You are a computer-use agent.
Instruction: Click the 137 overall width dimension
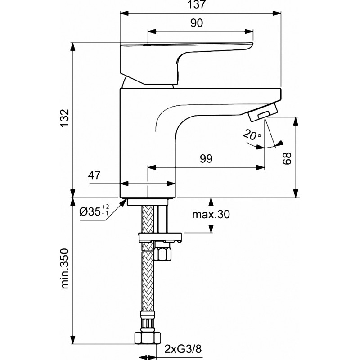coord(197,4)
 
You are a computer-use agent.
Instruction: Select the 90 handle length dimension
coord(197,23)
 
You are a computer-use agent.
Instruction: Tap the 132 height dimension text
coord(64,118)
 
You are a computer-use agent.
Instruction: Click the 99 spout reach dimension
coord(206,159)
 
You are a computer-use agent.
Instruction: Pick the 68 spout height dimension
coord(287,158)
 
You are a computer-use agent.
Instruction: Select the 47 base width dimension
coord(94,175)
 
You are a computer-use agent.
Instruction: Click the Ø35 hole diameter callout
coord(94,211)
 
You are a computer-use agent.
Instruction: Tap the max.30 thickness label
coord(211,215)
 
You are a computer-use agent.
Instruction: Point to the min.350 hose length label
coord(65,268)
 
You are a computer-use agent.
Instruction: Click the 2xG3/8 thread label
coord(183,349)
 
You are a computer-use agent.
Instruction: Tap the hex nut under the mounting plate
coord(163,254)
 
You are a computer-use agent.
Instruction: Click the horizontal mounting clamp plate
coord(160,237)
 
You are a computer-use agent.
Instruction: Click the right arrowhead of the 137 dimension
coord(277,13)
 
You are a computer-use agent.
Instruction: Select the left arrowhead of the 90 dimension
coord(152,31)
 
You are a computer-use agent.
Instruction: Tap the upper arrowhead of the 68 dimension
coord(296,121)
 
